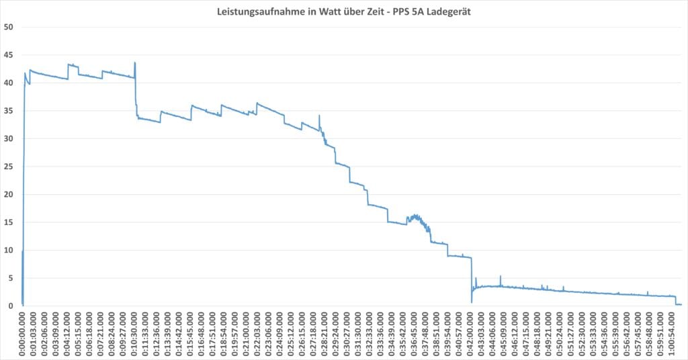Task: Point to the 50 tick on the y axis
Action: click(x=10, y=27)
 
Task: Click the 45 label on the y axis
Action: click(x=10, y=55)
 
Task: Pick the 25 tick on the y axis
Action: click(x=10, y=167)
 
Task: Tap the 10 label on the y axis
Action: click(x=10, y=251)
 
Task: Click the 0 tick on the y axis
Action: click(x=13, y=306)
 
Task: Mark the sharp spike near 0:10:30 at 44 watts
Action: click(x=135, y=63)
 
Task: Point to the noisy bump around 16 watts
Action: click(x=415, y=218)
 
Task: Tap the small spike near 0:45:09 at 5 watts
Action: click(x=500, y=277)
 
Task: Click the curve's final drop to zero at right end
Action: click(x=675, y=301)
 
